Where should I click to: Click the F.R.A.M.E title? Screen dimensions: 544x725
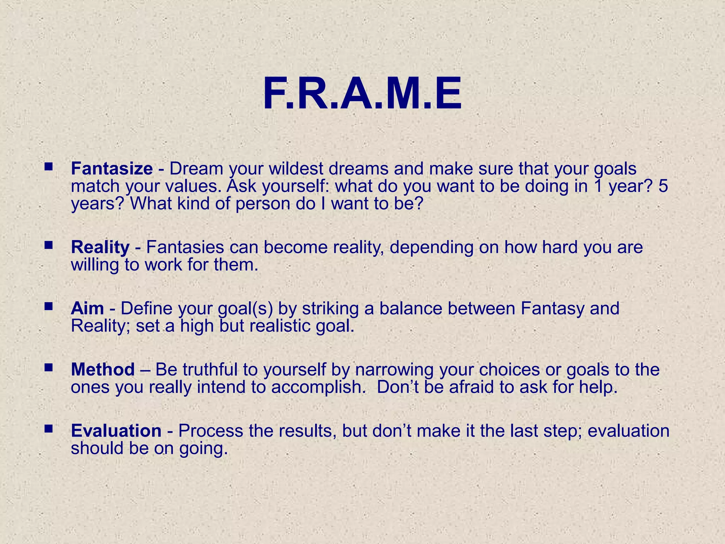coord(362,95)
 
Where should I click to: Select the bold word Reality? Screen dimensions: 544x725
coord(100,247)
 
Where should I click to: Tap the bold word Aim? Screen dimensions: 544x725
coord(87,308)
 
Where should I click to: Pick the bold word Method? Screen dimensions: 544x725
coord(103,370)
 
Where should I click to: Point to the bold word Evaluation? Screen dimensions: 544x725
coord(116,431)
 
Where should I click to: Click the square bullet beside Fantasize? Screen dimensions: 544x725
coord(48,166)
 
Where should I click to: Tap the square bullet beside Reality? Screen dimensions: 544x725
coord(48,244)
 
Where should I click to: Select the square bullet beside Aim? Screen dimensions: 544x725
coord(48,306)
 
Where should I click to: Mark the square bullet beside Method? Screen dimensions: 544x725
coord(48,367)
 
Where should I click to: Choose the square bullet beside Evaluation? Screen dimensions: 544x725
coord(48,428)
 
